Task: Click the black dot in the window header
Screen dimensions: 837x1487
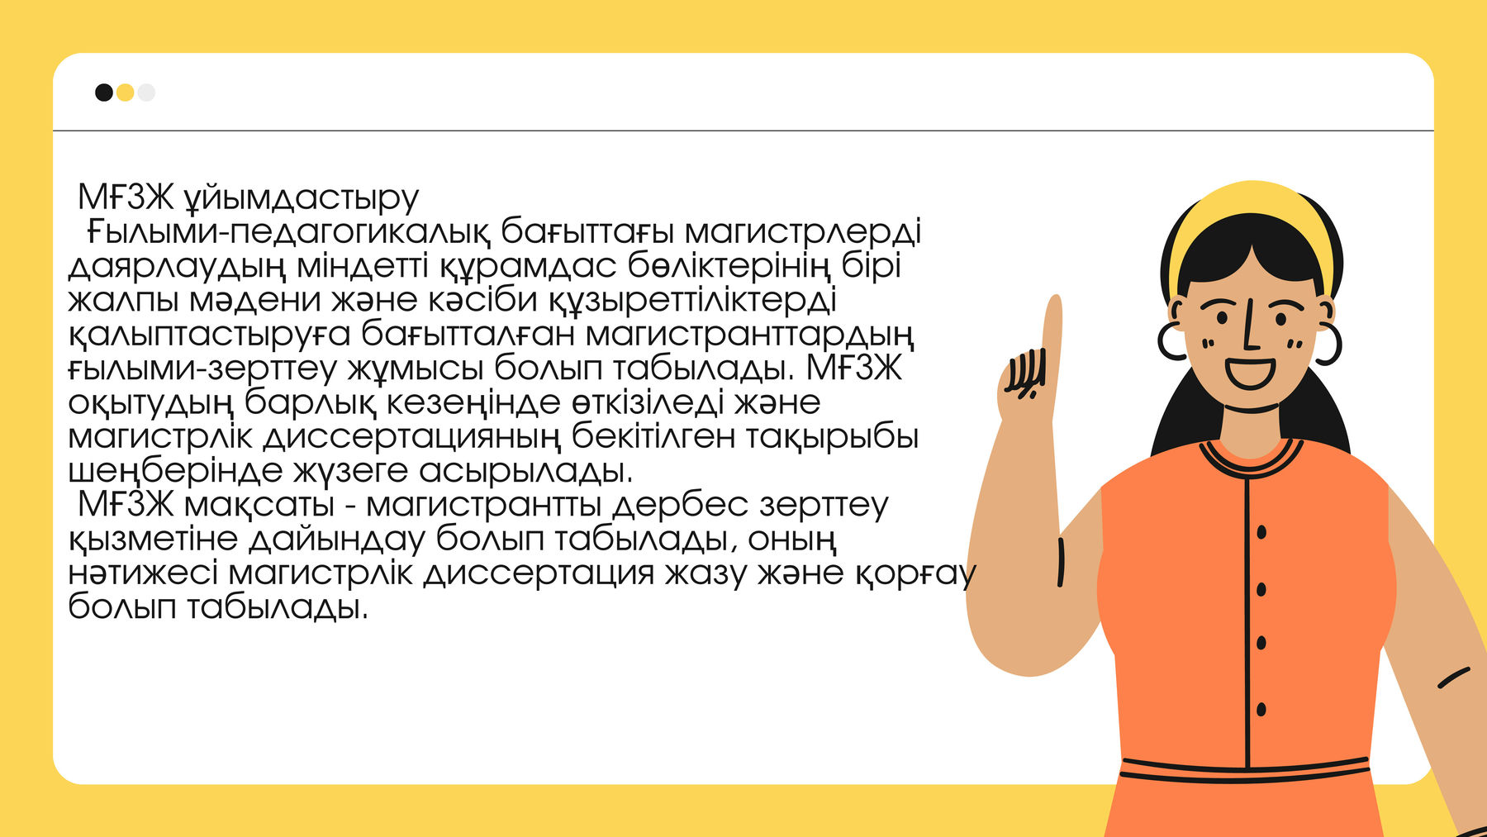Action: pyautogui.click(x=104, y=92)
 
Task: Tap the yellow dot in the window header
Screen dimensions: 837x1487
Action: pyautogui.click(x=125, y=92)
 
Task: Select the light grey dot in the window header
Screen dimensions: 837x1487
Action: pyautogui.click(x=146, y=92)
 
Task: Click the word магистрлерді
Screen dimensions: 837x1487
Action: pyautogui.click(x=802, y=232)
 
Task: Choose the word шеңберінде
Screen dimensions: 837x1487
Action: pyautogui.click(x=174, y=471)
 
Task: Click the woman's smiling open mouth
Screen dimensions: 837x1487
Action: pyautogui.click(x=1249, y=373)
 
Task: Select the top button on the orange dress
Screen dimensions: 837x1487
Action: pyautogui.click(x=1261, y=532)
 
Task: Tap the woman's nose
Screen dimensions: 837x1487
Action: pyautogui.click(x=1251, y=331)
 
